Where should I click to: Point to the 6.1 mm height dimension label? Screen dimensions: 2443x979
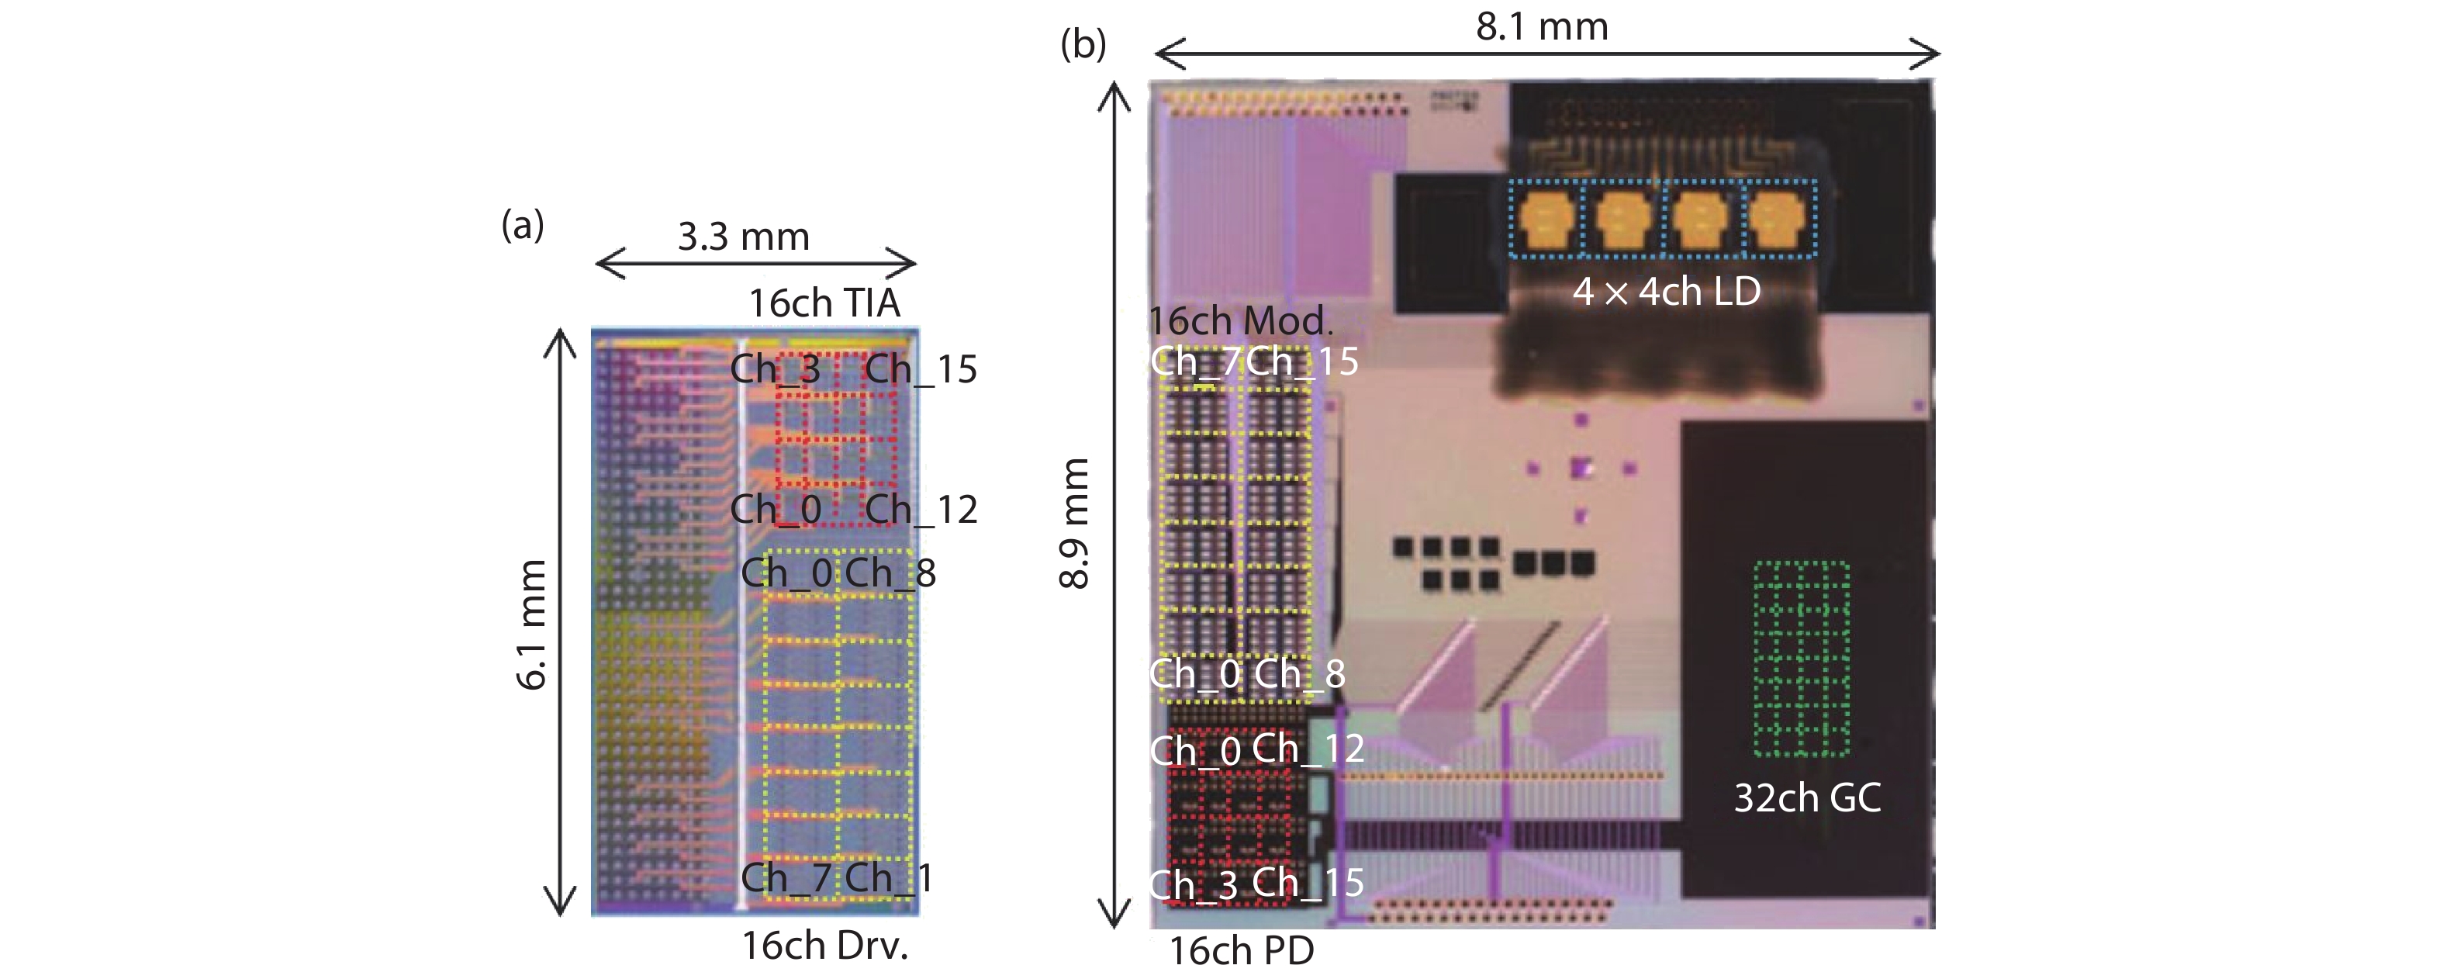(x=532, y=624)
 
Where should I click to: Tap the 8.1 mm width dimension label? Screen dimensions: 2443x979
(x=1542, y=26)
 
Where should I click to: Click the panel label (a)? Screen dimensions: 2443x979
(x=523, y=226)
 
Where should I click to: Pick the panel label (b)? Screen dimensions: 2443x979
(x=1083, y=43)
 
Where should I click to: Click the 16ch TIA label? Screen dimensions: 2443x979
(x=824, y=303)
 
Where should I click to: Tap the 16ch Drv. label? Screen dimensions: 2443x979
(x=824, y=946)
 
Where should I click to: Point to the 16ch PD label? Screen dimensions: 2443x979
(x=1242, y=950)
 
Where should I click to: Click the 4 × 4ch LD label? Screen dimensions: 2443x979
(x=1667, y=291)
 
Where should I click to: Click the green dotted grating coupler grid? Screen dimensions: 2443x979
(x=1801, y=659)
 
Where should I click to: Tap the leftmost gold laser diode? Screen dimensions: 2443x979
(x=1546, y=219)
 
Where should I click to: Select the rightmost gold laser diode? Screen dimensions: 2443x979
(x=1775, y=219)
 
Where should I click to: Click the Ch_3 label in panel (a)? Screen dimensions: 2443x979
(x=775, y=369)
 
